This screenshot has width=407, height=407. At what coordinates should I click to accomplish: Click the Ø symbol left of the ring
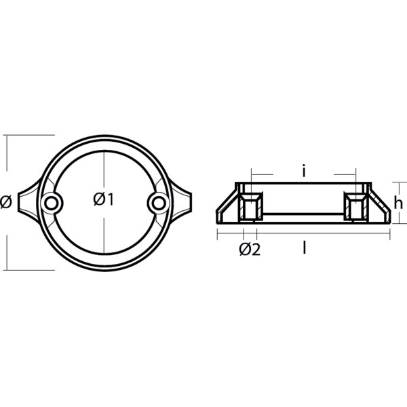click(5, 201)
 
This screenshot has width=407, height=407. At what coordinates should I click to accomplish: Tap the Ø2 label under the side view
click(250, 250)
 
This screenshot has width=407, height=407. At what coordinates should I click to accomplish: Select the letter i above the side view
click(305, 173)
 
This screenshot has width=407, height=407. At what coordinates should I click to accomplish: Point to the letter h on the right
click(400, 202)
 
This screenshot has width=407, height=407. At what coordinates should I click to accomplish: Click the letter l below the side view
click(305, 249)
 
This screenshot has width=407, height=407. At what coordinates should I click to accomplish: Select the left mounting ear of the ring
click(27, 201)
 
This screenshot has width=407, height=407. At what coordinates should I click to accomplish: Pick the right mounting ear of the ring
click(182, 201)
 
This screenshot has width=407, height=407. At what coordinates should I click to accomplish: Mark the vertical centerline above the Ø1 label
click(104, 170)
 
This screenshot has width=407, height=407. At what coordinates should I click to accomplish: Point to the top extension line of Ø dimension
click(27, 134)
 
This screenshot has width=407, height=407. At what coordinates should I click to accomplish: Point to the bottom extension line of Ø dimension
click(27, 269)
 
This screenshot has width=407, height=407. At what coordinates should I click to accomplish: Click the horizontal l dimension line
click(339, 235)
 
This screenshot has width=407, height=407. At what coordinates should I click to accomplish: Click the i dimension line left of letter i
click(275, 174)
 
